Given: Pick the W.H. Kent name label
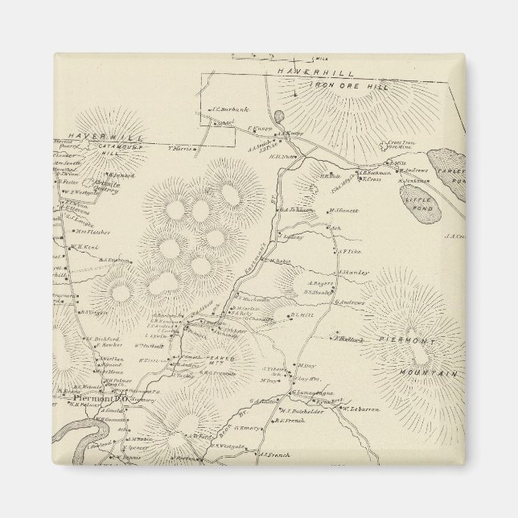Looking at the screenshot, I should coord(84,247).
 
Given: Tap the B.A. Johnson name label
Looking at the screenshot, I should coord(295,211).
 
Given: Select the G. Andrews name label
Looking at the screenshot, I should coord(348,302).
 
